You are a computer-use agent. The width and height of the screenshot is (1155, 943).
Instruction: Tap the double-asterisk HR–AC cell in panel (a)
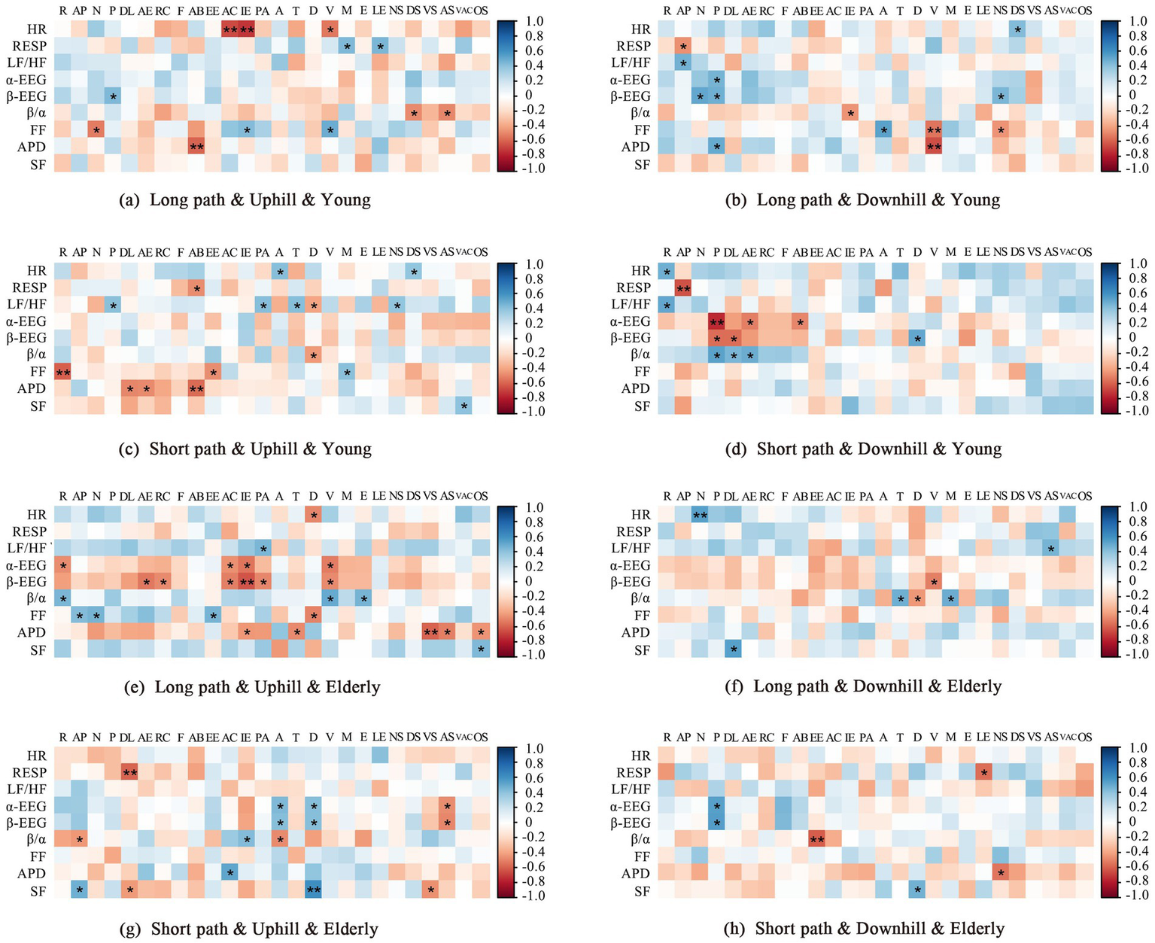229,29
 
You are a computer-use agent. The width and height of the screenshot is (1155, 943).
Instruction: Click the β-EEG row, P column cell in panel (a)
112,96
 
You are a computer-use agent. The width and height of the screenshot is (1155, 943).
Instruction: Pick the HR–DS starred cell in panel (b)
1017,29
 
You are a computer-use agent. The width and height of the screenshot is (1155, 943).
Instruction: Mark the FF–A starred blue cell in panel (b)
883,130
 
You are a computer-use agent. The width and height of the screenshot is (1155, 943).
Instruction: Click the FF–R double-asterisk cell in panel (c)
62,372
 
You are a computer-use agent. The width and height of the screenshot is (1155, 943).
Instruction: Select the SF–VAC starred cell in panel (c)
464,406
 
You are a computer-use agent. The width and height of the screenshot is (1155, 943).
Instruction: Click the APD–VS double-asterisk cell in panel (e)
430,632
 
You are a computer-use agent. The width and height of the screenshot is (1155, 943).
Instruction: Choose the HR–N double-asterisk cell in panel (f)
700,515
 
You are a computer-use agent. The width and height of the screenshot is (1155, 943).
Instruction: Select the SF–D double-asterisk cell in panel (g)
313,890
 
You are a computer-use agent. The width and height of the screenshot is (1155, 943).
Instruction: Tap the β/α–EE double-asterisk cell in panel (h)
816,839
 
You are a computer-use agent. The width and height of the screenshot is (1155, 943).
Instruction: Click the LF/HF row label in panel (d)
631,304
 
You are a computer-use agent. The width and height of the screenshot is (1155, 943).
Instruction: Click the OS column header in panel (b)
1084,11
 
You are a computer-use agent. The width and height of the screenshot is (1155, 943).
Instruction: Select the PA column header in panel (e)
262,496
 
